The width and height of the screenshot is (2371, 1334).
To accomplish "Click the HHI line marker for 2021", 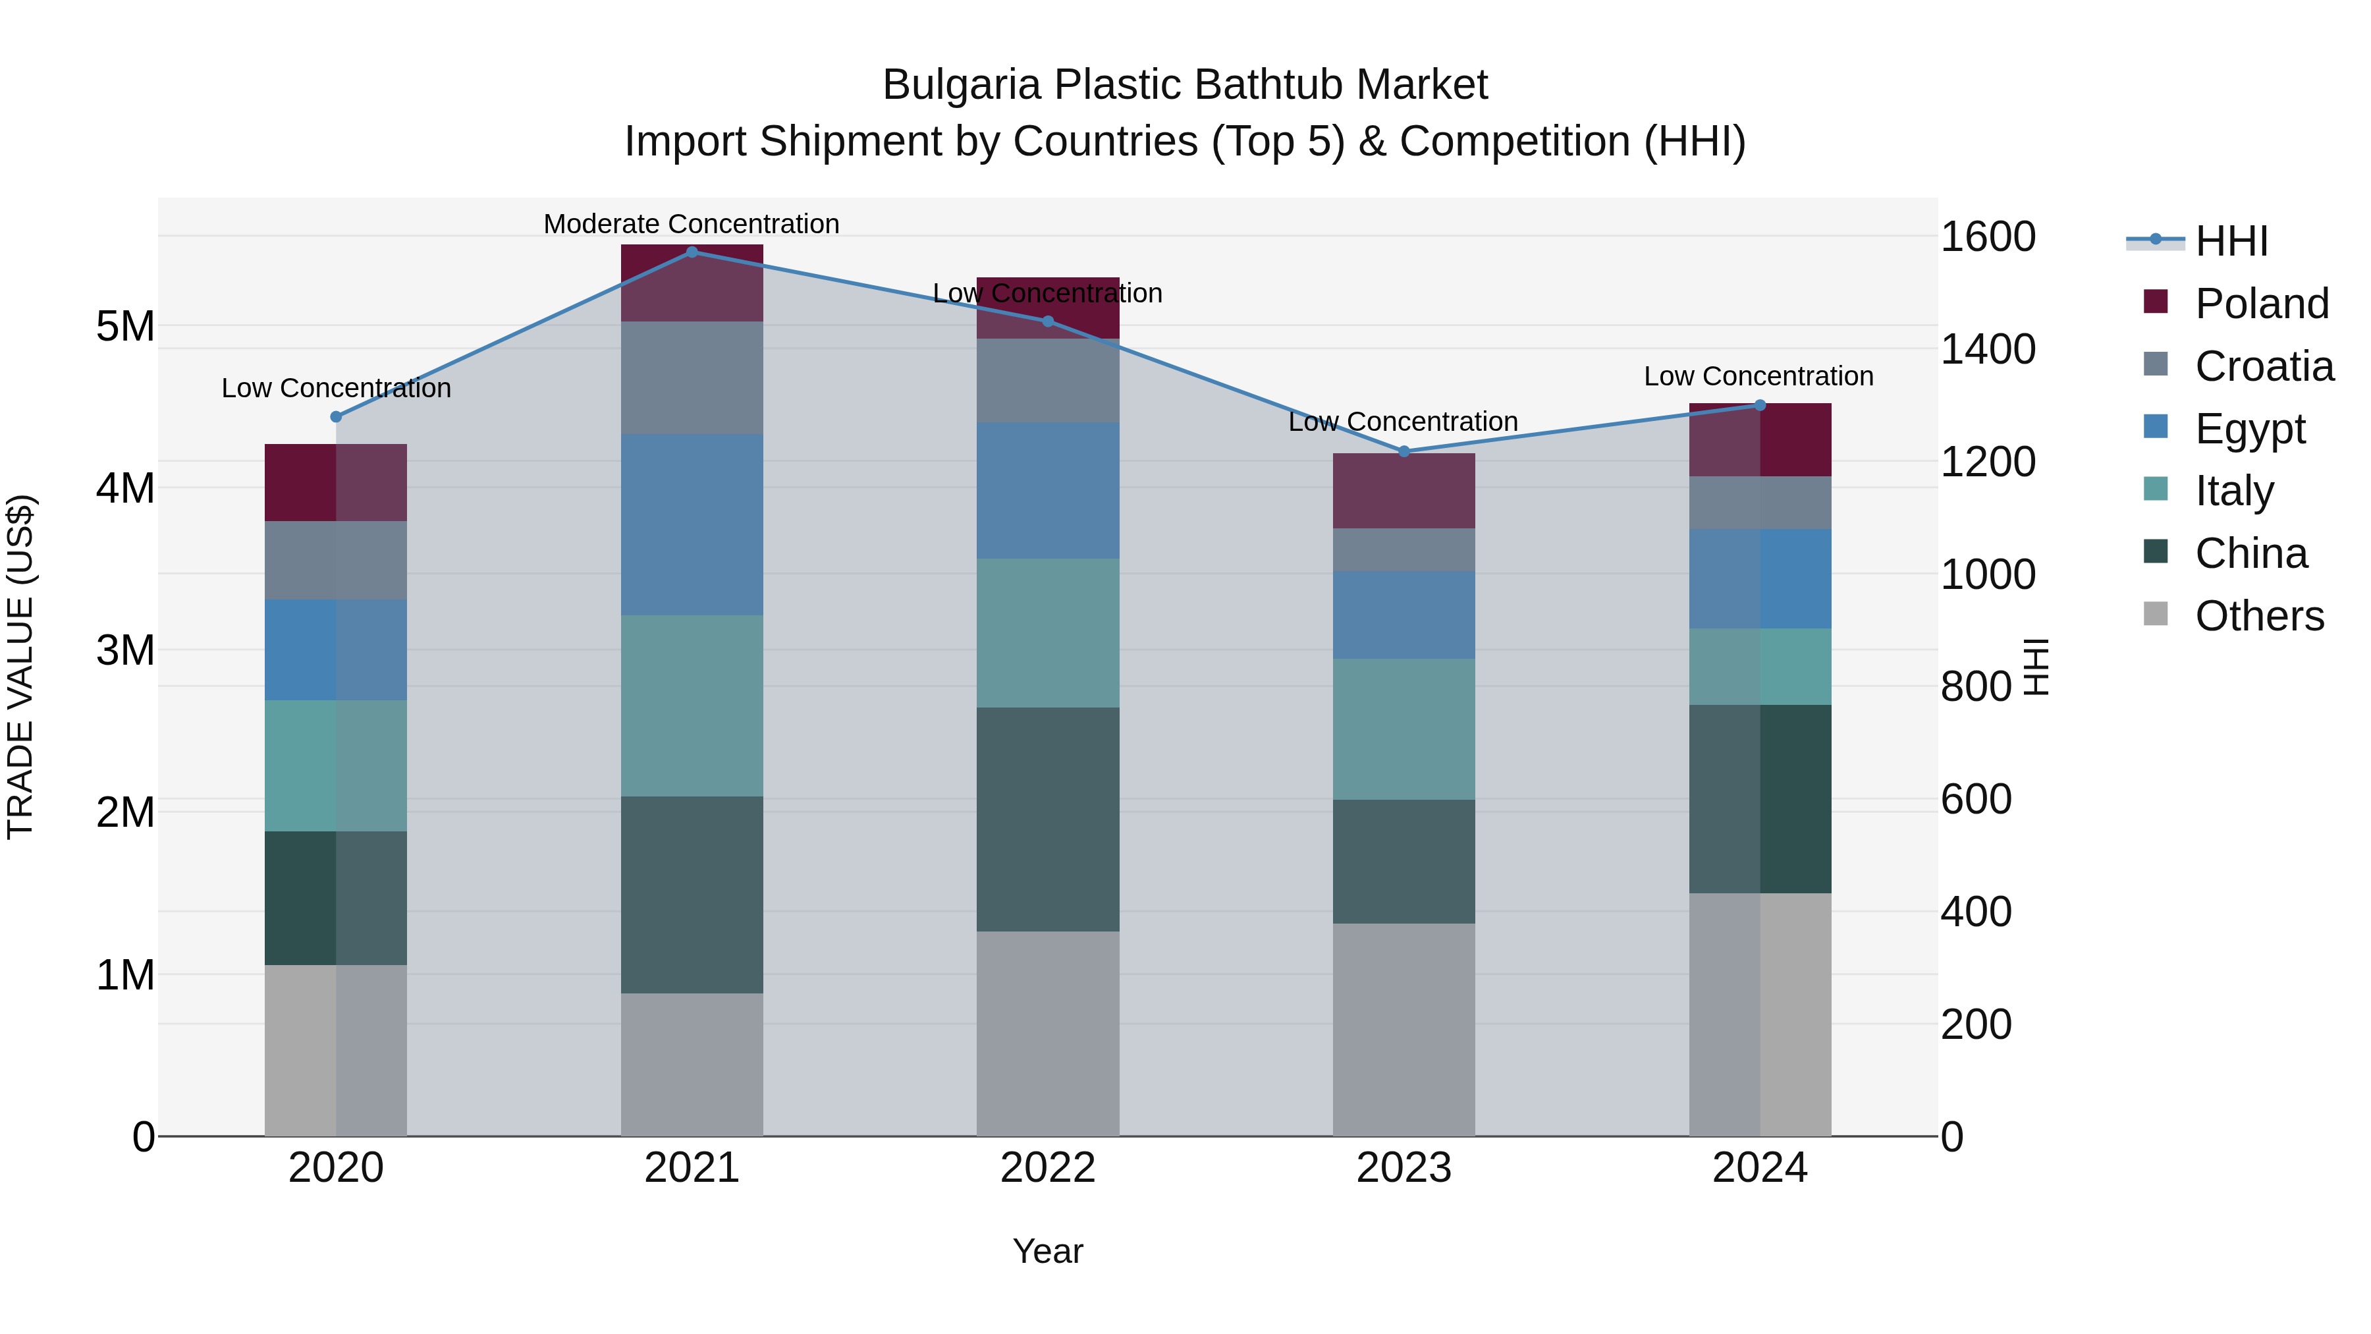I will coord(692,252).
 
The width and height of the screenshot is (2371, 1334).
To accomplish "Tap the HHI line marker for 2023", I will coord(1404,451).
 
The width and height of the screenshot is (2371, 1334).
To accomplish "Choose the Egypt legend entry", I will coord(2250,429).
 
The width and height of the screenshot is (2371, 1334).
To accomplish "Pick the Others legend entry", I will coord(2259,616).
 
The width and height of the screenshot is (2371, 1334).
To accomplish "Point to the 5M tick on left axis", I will coord(125,326).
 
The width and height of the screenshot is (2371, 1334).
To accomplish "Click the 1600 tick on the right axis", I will coord(1987,236).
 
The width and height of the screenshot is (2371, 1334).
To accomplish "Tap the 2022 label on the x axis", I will coord(1047,1167).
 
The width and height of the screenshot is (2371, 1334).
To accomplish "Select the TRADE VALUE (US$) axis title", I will coord(20,667).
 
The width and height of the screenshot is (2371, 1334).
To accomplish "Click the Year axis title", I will coord(1047,1251).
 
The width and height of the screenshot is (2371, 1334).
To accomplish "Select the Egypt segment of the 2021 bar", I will coord(692,525).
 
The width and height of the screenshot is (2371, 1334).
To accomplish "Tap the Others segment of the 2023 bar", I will coord(1404,1028).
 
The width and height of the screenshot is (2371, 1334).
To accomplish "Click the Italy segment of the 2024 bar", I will coord(1759,667).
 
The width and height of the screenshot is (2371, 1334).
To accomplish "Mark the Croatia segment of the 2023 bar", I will coord(1404,549).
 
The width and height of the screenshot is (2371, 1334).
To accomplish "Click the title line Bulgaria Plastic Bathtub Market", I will coord(1185,85).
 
